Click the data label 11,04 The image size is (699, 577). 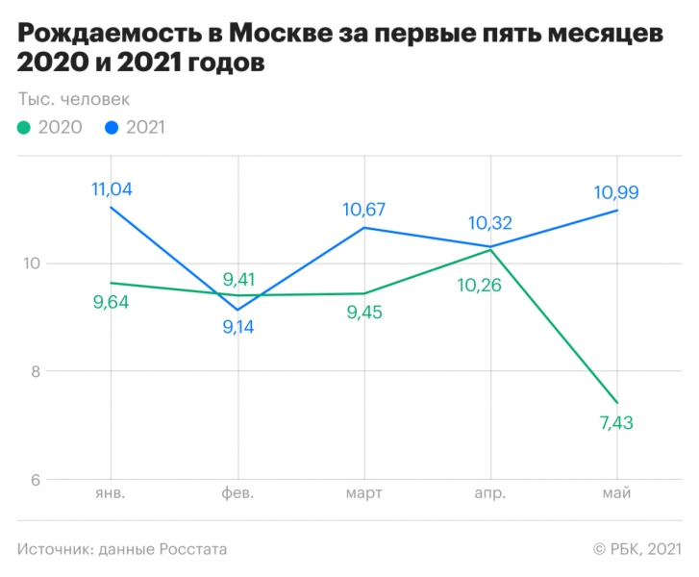[112, 189]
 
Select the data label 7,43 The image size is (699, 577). [616, 423]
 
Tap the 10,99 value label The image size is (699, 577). [616, 192]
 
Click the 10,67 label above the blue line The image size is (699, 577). [363, 210]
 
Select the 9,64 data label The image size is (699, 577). [111, 302]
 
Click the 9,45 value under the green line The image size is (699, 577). [363, 313]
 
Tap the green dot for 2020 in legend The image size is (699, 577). [24, 127]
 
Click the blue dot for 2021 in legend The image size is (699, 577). [112, 127]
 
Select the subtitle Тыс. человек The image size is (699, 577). [73, 98]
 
